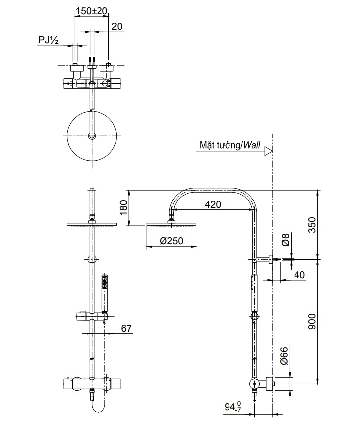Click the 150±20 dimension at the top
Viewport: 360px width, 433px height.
pyautogui.click(x=92, y=10)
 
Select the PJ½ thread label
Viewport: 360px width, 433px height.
pyautogui.click(x=49, y=41)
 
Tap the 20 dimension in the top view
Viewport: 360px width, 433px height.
pyautogui.click(x=117, y=27)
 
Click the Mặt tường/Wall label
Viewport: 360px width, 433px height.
pyautogui.click(x=230, y=146)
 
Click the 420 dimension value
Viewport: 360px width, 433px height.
pyautogui.click(x=213, y=204)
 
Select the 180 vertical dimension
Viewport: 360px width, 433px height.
pyautogui.click(x=123, y=207)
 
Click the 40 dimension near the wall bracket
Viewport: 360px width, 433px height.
pyautogui.click(x=299, y=275)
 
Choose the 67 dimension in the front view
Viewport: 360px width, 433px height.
pyautogui.click(x=127, y=328)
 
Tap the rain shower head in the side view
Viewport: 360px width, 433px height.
pyautogui.click(x=171, y=225)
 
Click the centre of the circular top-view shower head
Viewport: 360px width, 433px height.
pyautogui.click(x=92, y=135)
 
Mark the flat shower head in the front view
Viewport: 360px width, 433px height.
pyautogui.click(x=92, y=225)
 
